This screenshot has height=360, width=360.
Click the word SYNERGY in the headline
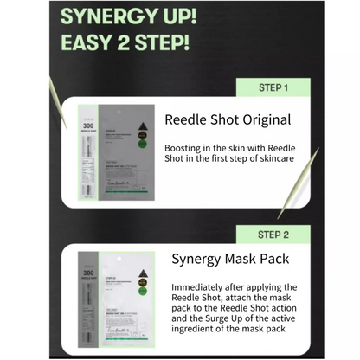pyautogui.click(x=110, y=17)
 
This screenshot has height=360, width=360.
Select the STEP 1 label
pyautogui.click(x=272, y=87)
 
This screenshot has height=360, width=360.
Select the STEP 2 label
pyautogui.click(x=272, y=235)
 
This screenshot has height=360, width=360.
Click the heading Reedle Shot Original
pyautogui.click(x=228, y=120)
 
